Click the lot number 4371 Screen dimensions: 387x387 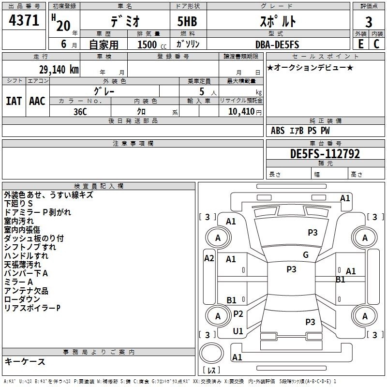pos(24,20)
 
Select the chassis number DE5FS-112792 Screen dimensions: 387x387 pos(325,154)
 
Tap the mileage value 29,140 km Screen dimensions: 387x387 pos(59,69)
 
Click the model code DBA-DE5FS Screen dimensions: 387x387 pos(277,45)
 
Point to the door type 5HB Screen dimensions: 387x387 pos(187,21)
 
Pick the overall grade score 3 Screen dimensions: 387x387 pos(369,22)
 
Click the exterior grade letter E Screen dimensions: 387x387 pos(360,44)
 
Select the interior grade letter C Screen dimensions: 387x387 pos(376,44)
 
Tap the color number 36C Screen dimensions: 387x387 pos(80,112)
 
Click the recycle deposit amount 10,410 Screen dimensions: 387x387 pos(241,111)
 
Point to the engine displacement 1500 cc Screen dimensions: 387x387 pos(152,45)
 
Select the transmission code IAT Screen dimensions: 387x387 pos(14,101)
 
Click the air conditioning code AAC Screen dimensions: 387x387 pos(37,101)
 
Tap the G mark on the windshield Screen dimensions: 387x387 pos(306,254)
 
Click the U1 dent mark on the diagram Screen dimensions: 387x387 pos(238,331)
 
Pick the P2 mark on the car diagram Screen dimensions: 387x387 pos(238,313)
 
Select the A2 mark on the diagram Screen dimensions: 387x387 pos(209,258)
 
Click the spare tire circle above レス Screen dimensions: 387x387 pos(211,353)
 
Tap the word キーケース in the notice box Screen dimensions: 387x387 pos(25,361)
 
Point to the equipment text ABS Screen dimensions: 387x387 pos(278,131)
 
